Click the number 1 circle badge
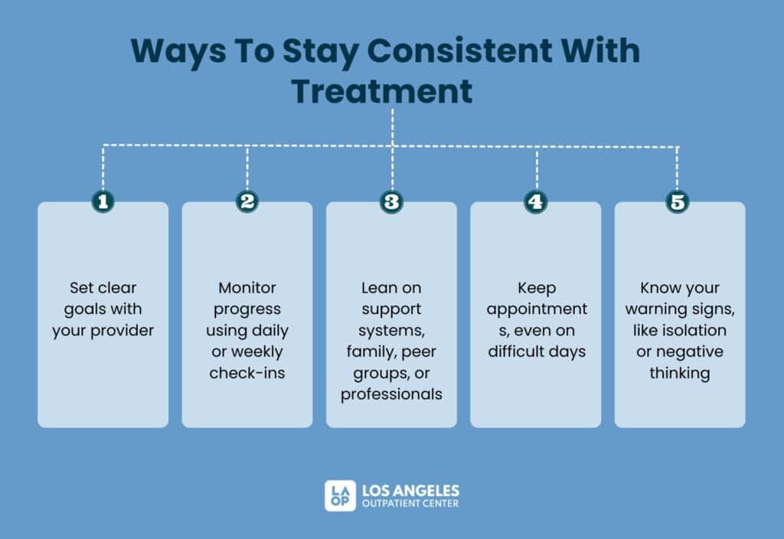tap(103, 201)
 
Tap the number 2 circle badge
tap(247, 201)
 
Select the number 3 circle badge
tap(391, 201)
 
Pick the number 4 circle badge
tap(535, 201)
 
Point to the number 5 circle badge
tap(678, 201)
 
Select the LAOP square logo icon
tap(339, 495)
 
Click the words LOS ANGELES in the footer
tap(411, 489)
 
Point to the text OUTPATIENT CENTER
tap(410, 503)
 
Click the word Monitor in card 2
tap(247, 288)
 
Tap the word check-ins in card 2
tap(247, 373)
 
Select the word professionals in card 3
tap(391, 394)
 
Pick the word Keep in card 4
tap(535, 288)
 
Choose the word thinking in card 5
tap(679, 373)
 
